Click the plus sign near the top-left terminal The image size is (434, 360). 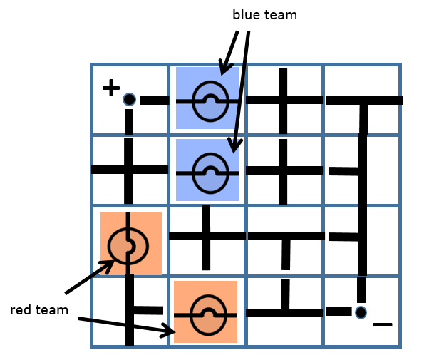click(110, 88)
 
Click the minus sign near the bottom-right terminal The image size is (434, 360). click(383, 325)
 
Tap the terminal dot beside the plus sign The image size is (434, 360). click(129, 99)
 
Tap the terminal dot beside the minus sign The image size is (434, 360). click(361, 312)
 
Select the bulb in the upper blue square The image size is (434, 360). click(210, 100)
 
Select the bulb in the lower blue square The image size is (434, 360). click(210, 171)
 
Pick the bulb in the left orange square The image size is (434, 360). click(128, 245)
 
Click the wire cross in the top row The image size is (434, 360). click(284, 100)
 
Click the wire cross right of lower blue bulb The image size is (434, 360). click(284, 171)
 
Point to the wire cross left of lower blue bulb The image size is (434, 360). click(129, 170)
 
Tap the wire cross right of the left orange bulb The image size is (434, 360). click(207, 236)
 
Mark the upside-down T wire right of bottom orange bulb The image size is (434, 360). click(284, 311)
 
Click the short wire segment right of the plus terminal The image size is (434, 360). click(154, 100)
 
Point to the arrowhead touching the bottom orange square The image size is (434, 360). click(171, 332)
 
